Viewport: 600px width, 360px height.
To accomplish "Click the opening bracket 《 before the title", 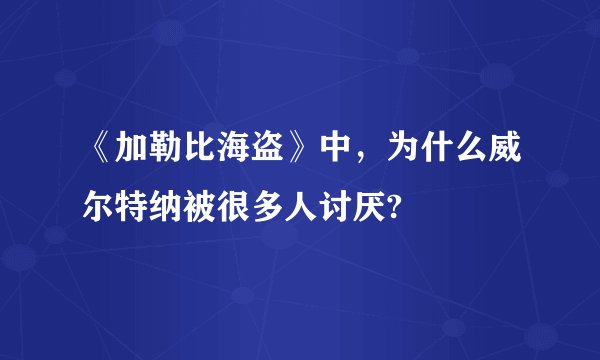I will tap(98, 152).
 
